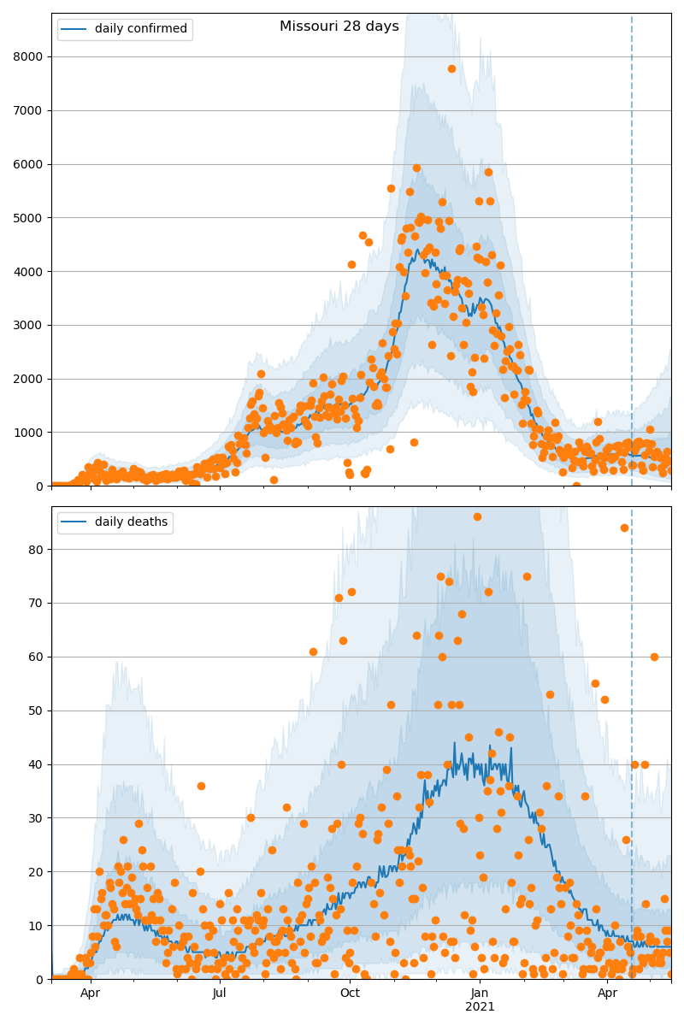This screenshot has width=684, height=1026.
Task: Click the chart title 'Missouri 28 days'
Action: pos(339,27)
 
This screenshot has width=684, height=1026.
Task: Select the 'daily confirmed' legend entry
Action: pos(140,29)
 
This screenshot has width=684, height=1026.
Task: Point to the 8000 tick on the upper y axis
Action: pos(33,56)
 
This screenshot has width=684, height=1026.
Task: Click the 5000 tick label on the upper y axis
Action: pos(33,218)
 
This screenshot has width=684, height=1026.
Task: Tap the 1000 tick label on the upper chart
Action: pos(33,433)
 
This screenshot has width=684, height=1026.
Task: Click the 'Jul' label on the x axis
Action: pos(220,994)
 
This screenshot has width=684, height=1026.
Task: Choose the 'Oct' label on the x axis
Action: pos(350,994)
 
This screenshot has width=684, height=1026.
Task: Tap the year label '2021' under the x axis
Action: pos(480,1007)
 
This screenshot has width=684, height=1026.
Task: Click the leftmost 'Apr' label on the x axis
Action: pos(90,994)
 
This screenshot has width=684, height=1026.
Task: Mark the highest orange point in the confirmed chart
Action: pos(451,68)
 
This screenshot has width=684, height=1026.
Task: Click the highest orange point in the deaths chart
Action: pos(477,516)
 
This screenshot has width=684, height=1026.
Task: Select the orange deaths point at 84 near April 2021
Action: pos(624,528)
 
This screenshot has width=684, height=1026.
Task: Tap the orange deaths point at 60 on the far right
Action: pos(654,657)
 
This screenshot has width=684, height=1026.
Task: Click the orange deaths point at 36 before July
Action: pos(201,786)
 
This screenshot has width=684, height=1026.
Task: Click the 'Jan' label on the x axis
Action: pos(480,994)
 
